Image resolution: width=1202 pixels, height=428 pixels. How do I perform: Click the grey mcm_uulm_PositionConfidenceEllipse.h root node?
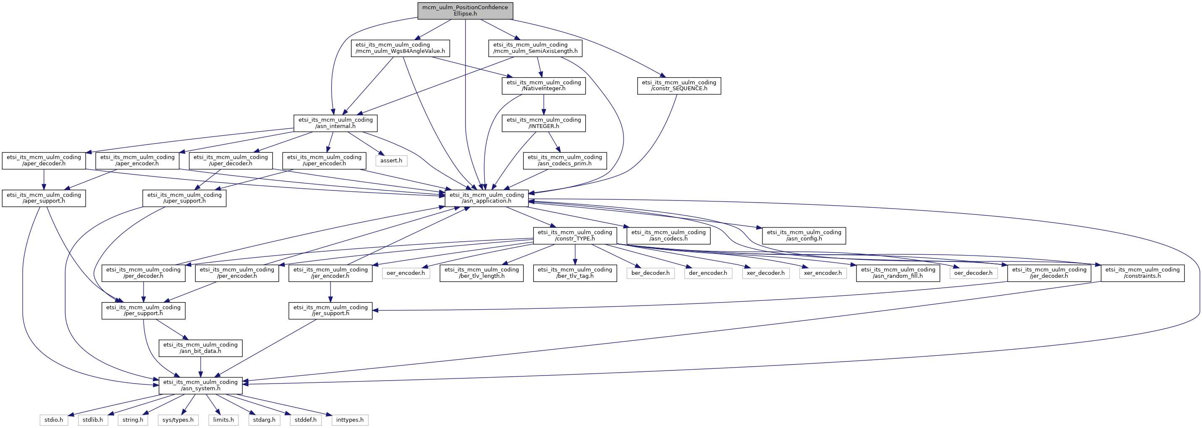pos(465,11)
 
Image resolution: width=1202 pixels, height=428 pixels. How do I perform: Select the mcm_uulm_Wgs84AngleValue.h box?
pos(400,48)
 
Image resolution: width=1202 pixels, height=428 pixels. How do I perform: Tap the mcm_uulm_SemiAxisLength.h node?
pos(535,48)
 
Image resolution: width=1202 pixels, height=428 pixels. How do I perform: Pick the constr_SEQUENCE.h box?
pos(679,86)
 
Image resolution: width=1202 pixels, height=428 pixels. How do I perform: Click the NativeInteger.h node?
pos(544,86)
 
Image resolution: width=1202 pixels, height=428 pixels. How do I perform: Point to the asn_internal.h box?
pos(335,123)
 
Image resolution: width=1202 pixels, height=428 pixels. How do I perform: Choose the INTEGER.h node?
pos(544,123)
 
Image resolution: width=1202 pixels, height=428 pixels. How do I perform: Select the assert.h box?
pos(391,160)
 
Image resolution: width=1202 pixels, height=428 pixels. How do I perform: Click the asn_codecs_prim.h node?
pos(565,160)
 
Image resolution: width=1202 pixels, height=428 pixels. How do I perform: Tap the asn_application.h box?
pos(487,198)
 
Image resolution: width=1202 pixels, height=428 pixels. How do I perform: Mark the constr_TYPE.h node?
pos(575,235)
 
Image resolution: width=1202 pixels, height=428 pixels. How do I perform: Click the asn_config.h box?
pos(804,235)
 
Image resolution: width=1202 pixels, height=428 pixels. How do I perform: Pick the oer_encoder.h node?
pos(406,273)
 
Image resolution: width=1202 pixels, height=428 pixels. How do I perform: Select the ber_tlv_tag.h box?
pos(575,273)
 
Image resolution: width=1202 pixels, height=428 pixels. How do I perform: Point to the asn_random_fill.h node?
pos(898,273)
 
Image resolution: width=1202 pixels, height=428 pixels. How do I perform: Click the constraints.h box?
pos(1142,273)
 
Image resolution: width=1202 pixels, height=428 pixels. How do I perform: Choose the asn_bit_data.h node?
pos(200,348)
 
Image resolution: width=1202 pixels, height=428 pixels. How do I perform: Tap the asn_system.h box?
pos(200,385)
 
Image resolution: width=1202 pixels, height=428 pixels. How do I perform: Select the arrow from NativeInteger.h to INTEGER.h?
pos(544,104)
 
